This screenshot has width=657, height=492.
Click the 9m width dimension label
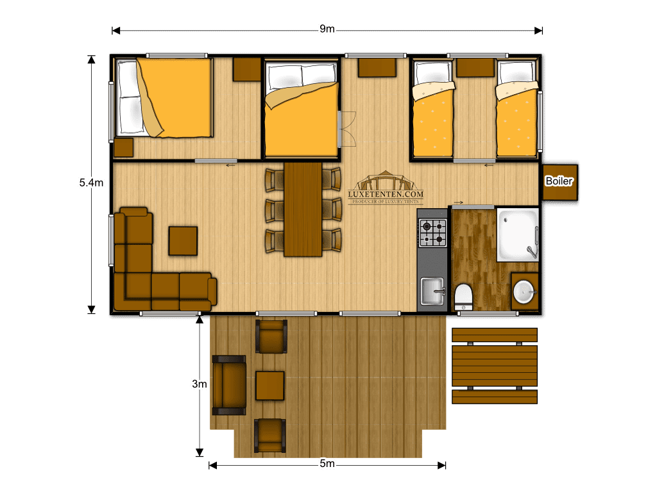pos(327,29)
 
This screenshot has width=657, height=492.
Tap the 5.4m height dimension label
pos(91,183)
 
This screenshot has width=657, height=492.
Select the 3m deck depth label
pos(200,384)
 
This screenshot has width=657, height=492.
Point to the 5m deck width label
pos(327,464)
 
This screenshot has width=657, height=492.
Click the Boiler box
pos(559,182)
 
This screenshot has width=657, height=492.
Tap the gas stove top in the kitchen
pos(433,233)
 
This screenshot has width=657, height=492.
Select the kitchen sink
pos(432,291)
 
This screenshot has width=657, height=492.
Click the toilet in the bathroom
pos(463,297)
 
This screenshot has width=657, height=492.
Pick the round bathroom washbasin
pos(524,291)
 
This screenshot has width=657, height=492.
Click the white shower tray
pos(518,234)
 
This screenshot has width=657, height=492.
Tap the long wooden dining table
pos(303,209)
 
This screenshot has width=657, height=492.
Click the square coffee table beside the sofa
pos(183,241)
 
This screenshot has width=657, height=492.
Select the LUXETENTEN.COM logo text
pos(386,194)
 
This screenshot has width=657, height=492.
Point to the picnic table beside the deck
pos(495,366)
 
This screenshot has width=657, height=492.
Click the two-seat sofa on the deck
pos(229,385)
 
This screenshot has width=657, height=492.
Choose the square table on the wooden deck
pos(270,386)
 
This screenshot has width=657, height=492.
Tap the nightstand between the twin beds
pos(475,68)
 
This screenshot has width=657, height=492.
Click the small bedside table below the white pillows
pos(124,147)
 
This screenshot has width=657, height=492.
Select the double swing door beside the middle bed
pos(347,129)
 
